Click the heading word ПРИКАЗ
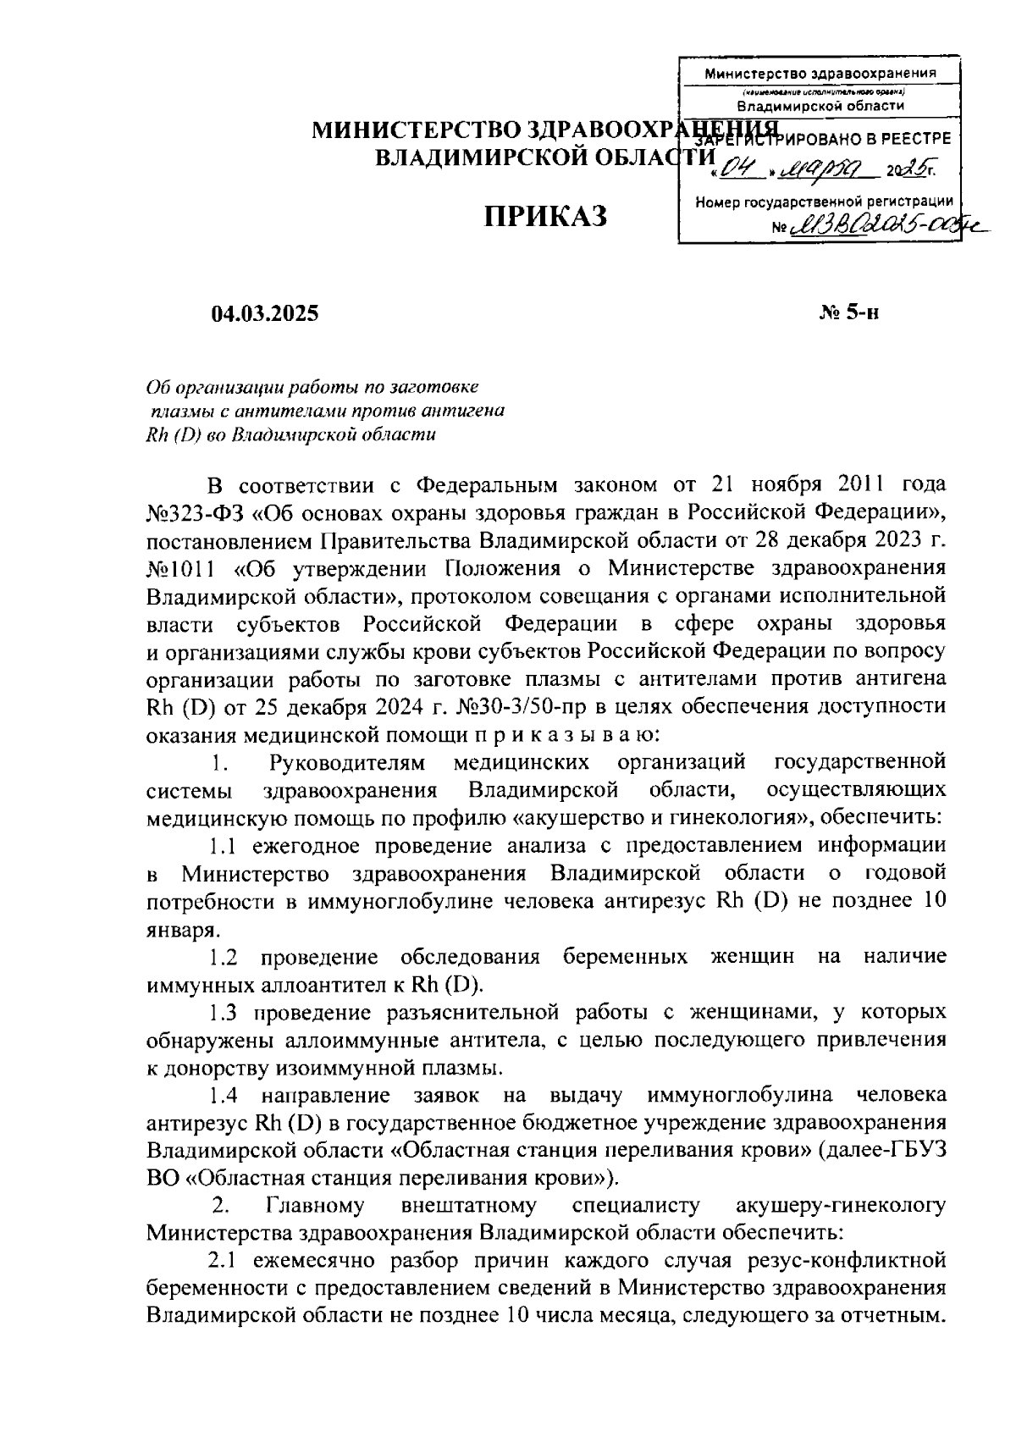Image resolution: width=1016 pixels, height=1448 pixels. [x=545, y=217]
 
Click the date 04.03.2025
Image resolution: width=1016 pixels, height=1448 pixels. [x=265, y=313]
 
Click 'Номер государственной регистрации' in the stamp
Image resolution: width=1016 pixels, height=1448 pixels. [x=824, y=202]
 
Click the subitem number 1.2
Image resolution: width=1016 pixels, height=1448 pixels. [x=224, y=957]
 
